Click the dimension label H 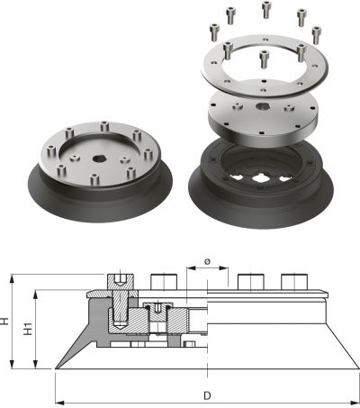pyautogui.click(x=4, y=321)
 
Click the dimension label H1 pyautogui.click(x=28, y=329)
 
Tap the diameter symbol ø pyautogui.click(x=207, y=261)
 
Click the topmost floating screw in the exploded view pyautogui.click(x=266, y=9)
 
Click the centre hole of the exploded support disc pyautogui.click(x=263, y=106)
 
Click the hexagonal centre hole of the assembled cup pyautogui.click(x=97, y=159)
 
